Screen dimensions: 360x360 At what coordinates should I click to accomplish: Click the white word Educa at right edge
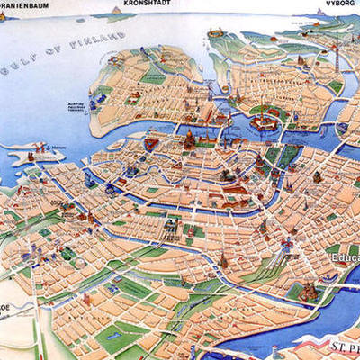[x=345, y=259]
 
